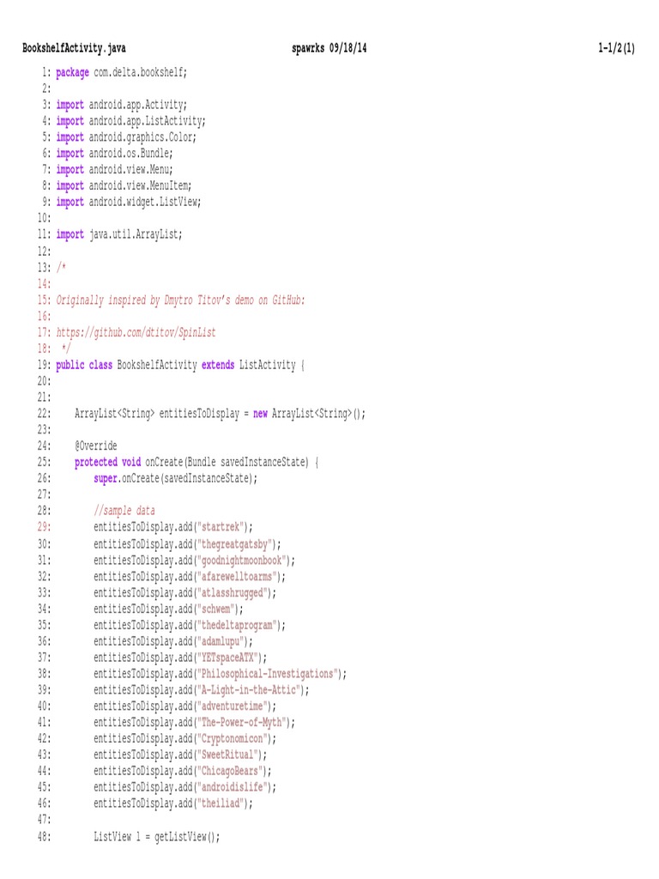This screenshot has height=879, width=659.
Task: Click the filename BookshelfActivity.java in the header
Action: coord(74,49)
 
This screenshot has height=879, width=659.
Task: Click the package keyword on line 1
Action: coord(72,73)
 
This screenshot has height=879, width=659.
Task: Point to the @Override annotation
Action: coord(96,446)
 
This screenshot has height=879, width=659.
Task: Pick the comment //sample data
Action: coord(124,511)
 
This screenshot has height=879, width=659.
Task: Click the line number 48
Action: coord(44,836)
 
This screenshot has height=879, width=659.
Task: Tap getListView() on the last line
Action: coord(187,836)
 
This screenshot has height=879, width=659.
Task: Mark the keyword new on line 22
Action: coord(260,413)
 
